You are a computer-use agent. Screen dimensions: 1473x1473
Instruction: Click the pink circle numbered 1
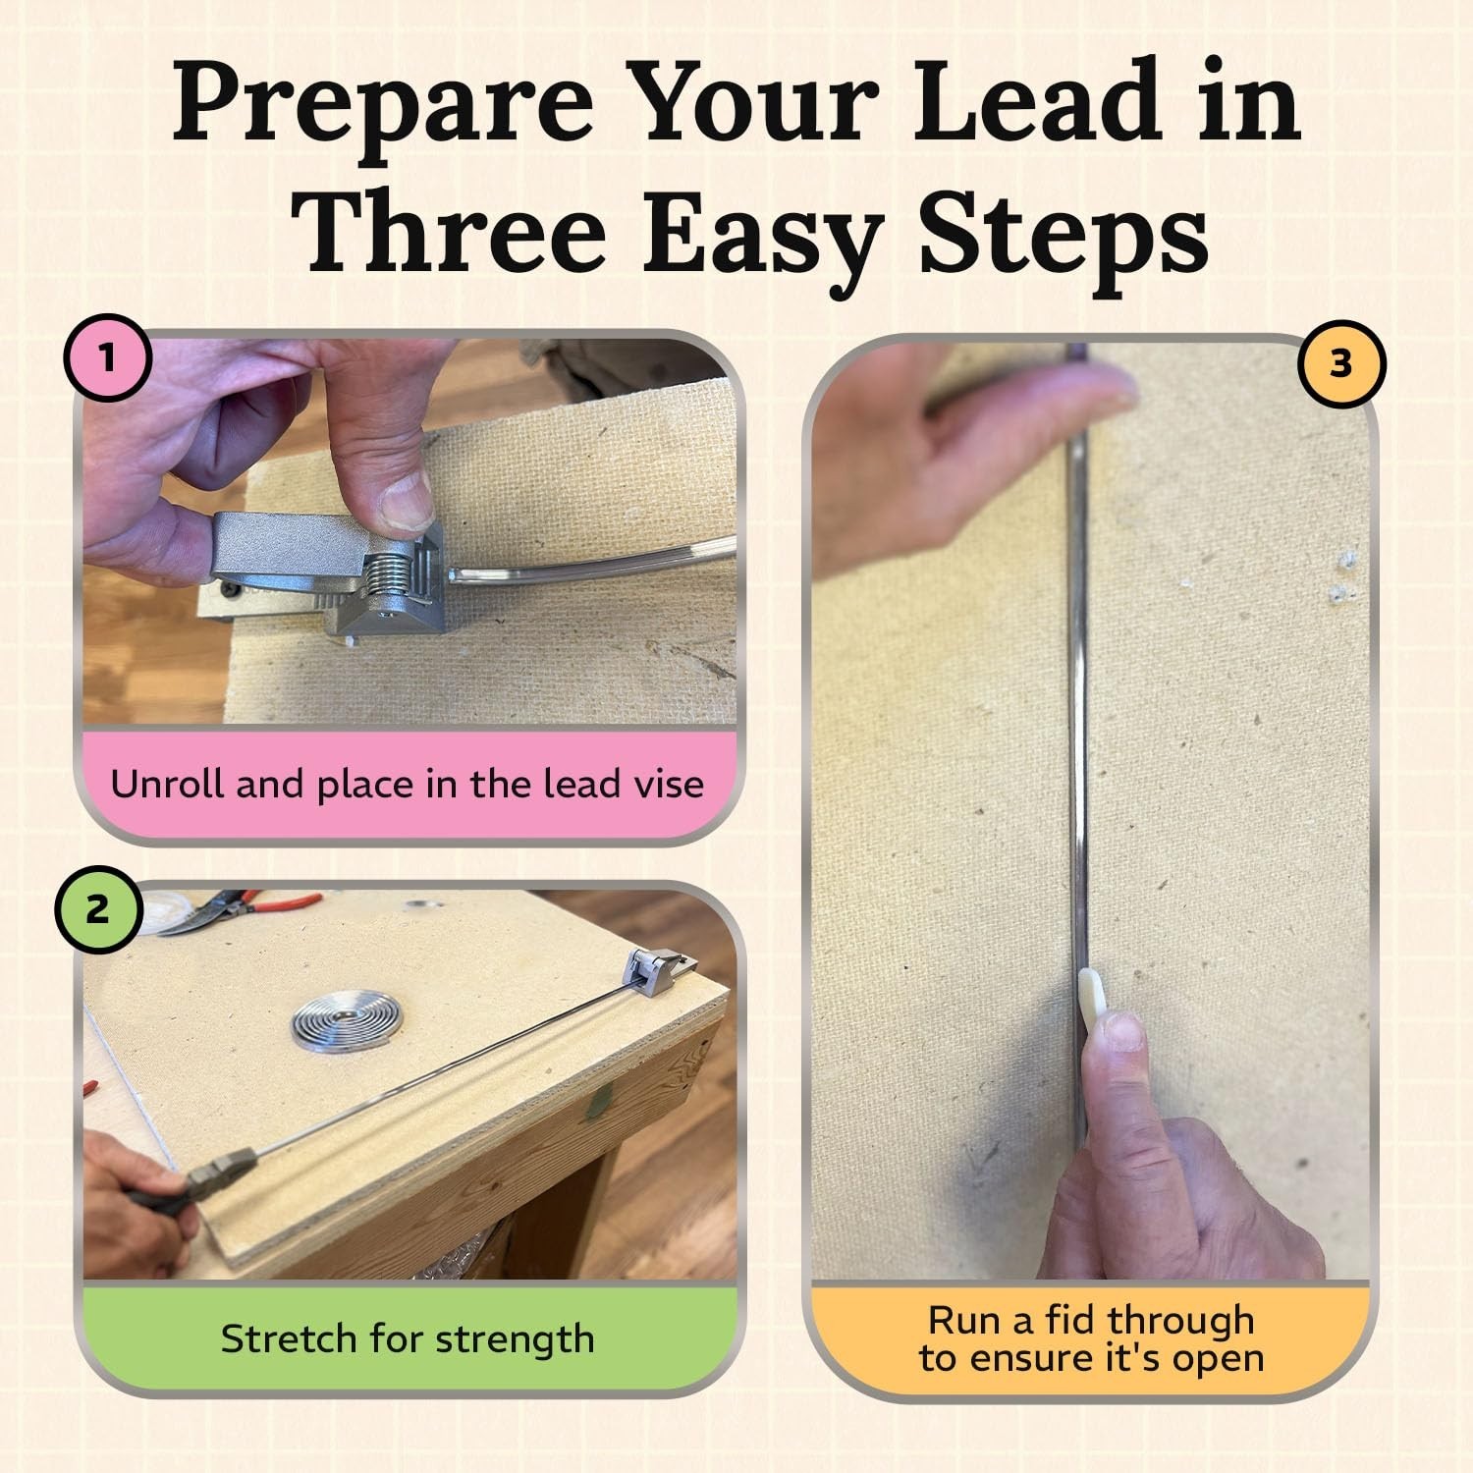(107, 357)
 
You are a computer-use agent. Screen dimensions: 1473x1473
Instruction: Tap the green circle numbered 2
(97, 909)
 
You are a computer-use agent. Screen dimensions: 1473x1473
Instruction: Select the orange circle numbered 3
(1340, 364)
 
